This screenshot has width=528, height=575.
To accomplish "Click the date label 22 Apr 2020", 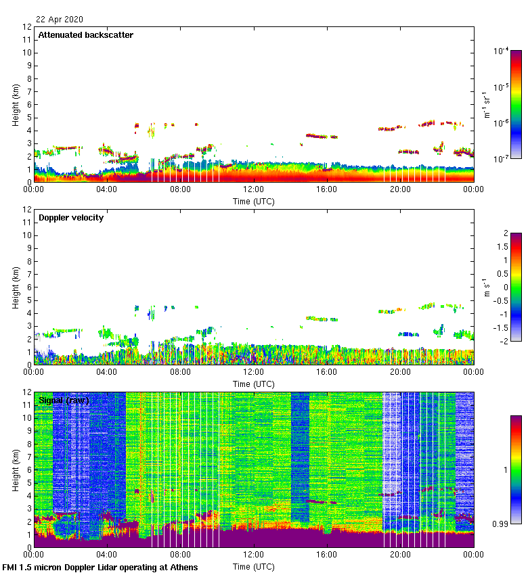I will [60, 20].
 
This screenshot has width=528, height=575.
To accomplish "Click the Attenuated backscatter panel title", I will [85, 35].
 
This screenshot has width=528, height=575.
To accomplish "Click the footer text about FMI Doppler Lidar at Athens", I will [100, 567].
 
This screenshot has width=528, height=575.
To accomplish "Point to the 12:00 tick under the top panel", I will [254, 190].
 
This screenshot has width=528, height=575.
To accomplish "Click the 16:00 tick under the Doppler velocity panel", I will [327, 372].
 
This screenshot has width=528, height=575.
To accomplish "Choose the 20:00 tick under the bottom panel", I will [400, 555].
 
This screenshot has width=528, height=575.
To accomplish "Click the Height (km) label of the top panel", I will [16, 104].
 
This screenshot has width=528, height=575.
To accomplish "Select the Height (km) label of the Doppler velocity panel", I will [16, 287].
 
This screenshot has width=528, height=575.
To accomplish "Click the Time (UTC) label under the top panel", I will [254, 201].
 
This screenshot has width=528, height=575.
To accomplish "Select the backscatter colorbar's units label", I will [487, 104].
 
